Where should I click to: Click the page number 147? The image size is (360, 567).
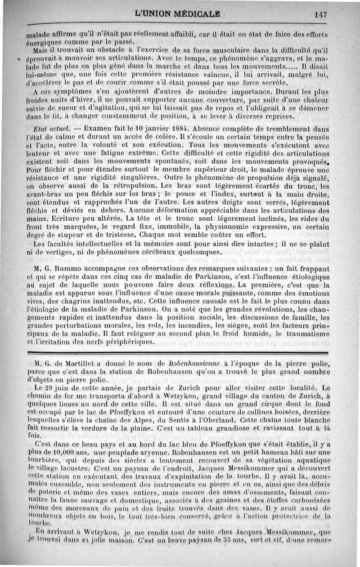(320, 14)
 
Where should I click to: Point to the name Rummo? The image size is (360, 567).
(67, 268)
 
